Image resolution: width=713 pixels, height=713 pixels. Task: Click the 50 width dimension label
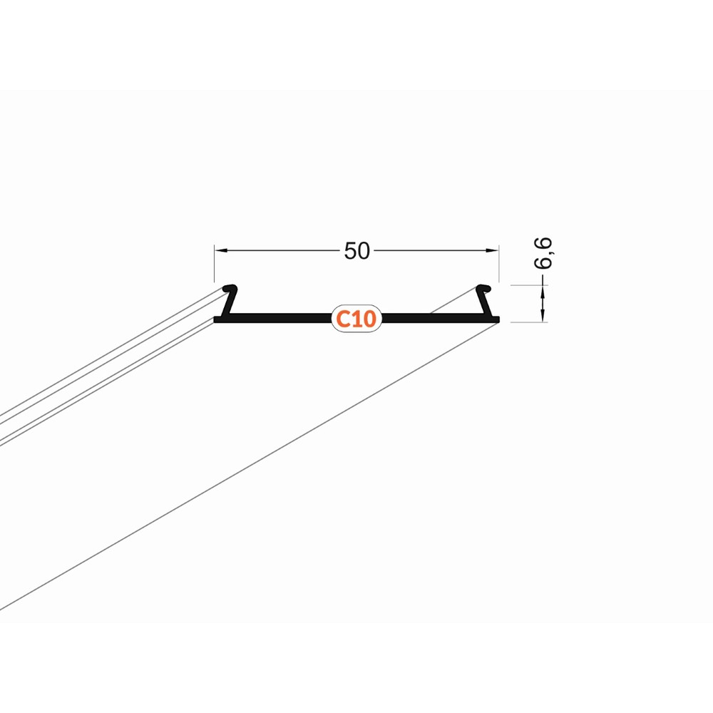click(x=357, y=251)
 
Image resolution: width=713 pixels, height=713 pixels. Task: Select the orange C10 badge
click(x=356, y=319)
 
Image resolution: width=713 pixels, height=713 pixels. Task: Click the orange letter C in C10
click(x=342, y=319)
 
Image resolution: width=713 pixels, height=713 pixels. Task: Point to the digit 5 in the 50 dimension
click(x=351, y=251)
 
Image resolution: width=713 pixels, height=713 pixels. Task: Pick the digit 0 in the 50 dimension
click(x=364, y=251)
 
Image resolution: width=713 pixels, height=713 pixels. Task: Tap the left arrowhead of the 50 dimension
click(x=221, y=250)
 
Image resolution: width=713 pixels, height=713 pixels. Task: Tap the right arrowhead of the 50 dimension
click(x=493, y=250)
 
